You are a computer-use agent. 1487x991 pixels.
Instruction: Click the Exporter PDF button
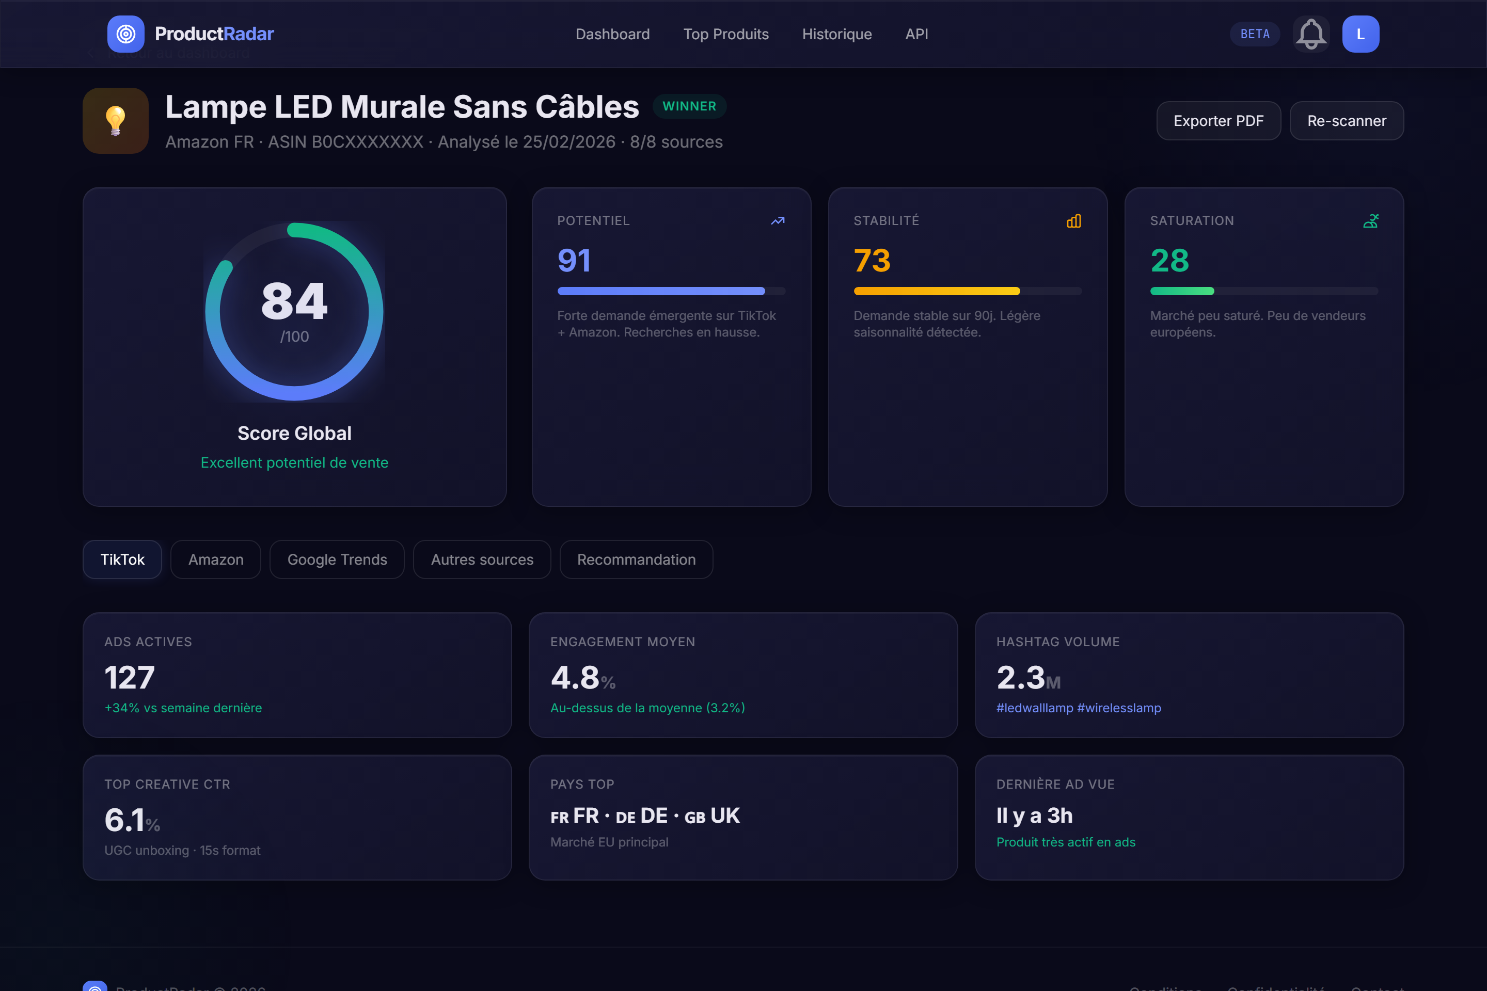1219,121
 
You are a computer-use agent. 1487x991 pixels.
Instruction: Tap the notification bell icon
1310,34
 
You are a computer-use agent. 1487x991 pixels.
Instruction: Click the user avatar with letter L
1360,34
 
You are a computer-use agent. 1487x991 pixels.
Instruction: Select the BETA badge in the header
1254,34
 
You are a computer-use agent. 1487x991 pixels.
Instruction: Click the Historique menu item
836,34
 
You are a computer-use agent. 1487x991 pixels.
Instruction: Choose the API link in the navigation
916,34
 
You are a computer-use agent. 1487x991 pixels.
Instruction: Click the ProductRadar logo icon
126,34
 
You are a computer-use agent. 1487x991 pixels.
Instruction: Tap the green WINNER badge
689,106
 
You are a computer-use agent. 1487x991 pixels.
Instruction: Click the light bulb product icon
116,121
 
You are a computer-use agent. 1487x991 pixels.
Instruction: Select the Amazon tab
216,560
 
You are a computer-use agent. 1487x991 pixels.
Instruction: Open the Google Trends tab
337,560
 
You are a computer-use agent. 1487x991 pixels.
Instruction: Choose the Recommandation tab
636,560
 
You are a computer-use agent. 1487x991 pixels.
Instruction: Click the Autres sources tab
482,560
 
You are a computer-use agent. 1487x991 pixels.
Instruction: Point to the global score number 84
294,301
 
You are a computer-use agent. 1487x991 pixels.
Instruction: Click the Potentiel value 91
574,260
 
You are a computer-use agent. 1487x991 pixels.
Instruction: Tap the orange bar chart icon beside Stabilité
1073,221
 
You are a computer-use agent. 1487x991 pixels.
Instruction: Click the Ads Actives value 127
130,678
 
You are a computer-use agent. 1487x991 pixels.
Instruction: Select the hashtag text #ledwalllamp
1034,708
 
